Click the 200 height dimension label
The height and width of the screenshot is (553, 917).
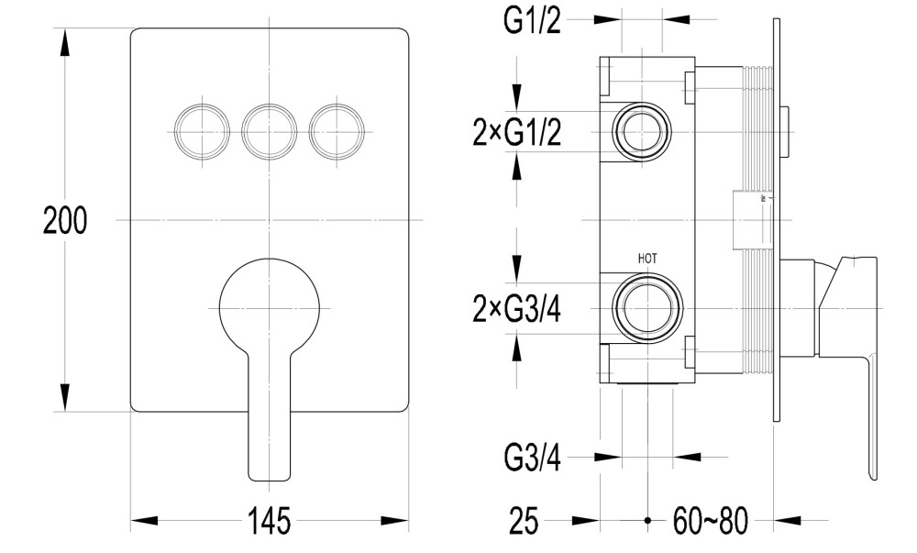click(x=65, y=221)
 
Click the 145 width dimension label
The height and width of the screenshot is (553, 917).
click(x=269, y=522)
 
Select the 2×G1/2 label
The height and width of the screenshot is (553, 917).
click(x=517, y=133)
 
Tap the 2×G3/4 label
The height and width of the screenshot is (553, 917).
click(x=517, y=310)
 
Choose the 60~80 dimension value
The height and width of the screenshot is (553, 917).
click(x=707, y=522)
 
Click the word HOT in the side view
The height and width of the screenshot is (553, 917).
click(x=647, y=260)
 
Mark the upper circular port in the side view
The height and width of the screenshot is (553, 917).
click(x=641, y=129)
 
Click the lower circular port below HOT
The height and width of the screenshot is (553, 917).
click(x=647, y=307)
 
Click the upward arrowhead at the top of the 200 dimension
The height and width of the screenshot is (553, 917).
click(x=65, y=41)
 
